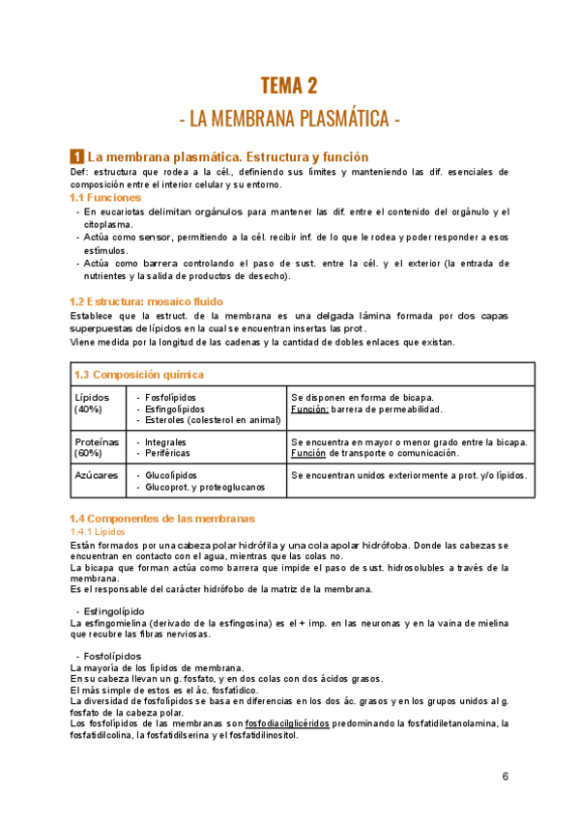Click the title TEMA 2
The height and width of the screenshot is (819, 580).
(289, 86)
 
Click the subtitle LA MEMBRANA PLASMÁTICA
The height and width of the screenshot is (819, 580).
(289, 120)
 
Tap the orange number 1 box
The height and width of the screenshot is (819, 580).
(76, 155)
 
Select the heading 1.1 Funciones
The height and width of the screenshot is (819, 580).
(107, 197)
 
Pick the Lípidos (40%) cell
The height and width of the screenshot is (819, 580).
(92, 403)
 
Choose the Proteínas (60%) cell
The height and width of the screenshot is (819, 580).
(95, 447)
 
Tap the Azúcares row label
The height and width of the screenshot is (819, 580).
(96, 475)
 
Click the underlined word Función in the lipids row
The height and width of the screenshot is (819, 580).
(309, 409)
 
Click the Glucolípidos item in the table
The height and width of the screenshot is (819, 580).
(171, 475)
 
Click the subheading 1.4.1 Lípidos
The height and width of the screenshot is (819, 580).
(98, 531)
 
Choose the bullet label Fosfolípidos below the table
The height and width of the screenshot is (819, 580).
(112, 656)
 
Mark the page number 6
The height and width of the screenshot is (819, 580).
(506, 777)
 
